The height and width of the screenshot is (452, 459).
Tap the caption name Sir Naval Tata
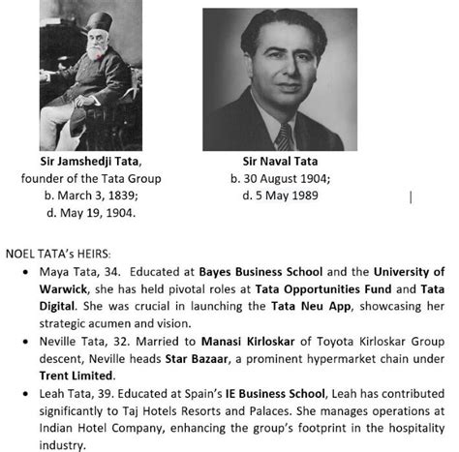click(x=279, y=163)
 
